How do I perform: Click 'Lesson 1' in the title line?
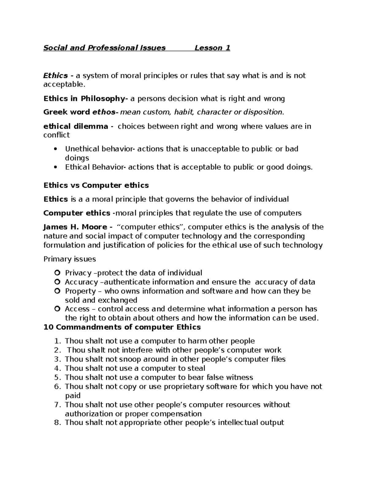click(x=212, y=48)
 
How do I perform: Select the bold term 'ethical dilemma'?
click(x=75, y=126)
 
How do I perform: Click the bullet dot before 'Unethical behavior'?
click(x=55, y=149)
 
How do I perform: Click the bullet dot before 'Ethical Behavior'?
click(x=55, y=167)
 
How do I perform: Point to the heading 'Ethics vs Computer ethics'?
click(x=96, y=185)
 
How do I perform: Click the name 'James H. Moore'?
click(x=75, y=227)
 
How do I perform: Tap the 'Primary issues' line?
click(x=70, y=259)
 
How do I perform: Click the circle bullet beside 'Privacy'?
click(x=57, y=273)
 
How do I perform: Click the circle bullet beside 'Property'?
click(x=57, y=291)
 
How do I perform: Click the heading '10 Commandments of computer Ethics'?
click(x=122, y=327)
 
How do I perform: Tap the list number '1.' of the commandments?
click(x=57, y=341)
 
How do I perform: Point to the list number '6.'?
click(x=57, y=386)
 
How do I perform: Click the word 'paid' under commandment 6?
click(x=73, y=396)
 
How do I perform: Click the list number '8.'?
click(x=57, y=423)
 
